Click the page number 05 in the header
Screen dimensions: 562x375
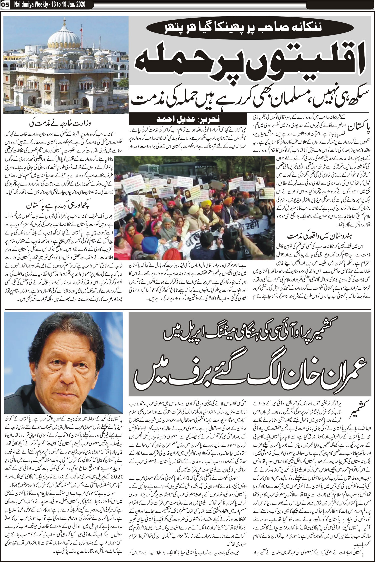(x=5, y=4)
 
